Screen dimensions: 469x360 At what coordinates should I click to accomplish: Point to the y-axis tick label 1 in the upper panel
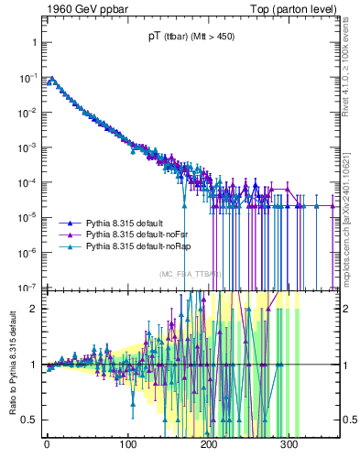pos(31,43)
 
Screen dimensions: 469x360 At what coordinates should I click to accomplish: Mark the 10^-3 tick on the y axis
pos(25,147)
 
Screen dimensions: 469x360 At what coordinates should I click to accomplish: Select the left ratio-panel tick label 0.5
pos(27,420)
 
